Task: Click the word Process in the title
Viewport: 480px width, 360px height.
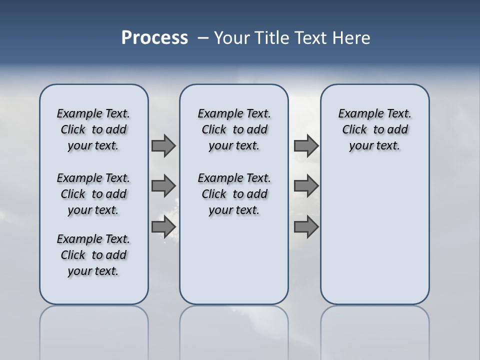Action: coord(154,38)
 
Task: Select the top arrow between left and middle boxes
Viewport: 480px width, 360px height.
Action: coord(163,145)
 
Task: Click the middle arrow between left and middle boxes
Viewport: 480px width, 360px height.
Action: coord(163,186)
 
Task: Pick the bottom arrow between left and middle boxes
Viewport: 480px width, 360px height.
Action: coord(163,227)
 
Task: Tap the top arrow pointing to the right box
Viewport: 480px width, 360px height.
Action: coord(306,145)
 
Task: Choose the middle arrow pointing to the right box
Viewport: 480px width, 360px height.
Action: coord(306,186)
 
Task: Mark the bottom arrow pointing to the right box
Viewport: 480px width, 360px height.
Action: coord(306,227)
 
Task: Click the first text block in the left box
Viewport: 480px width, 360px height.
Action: coord(93,129)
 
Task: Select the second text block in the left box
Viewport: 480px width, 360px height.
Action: coord(93,194)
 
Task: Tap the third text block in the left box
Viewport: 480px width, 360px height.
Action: coord(93,255)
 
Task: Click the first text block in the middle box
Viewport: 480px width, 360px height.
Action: coord(234,129)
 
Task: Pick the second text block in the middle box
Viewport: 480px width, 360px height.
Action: coord(234,194)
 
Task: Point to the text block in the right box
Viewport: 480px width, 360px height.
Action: coord(375,129)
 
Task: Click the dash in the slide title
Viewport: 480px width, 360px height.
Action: coord(203,38)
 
